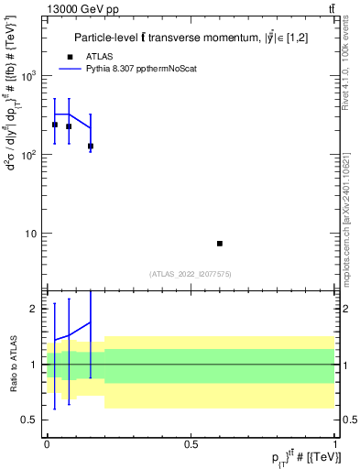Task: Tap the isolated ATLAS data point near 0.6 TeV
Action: (x=220, y=244)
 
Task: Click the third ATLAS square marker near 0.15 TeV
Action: (x=91, y=147)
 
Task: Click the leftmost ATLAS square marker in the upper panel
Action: (x=55, y=125)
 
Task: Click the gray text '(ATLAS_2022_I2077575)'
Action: (x=191, y=274)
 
